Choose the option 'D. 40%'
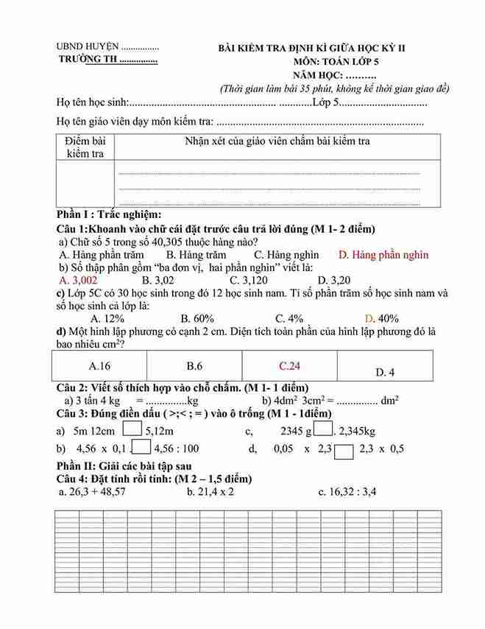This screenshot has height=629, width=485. click(382, 319)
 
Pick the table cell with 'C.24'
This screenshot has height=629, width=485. click(289, 365)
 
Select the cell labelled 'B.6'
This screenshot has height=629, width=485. click(194, 365)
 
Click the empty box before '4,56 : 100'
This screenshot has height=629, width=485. click(141, 447)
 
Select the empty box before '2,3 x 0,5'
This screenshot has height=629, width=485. click(344, 449)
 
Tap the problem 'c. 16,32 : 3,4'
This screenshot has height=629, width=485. click(347, 492)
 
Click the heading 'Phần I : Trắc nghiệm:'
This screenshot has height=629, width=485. click(109, 214)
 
